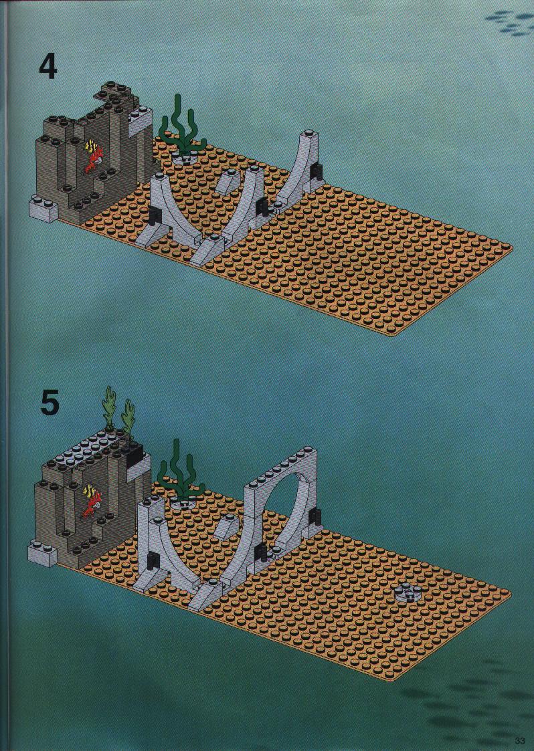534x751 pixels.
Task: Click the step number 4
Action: coord(48,67)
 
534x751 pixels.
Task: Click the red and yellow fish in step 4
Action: coord(92,156)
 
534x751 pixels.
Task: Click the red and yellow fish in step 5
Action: coord(92,500)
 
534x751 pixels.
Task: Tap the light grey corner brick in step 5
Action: coord(43,553)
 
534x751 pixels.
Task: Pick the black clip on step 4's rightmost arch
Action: coord(317,172)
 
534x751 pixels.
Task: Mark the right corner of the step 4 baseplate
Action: coord(511,249)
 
